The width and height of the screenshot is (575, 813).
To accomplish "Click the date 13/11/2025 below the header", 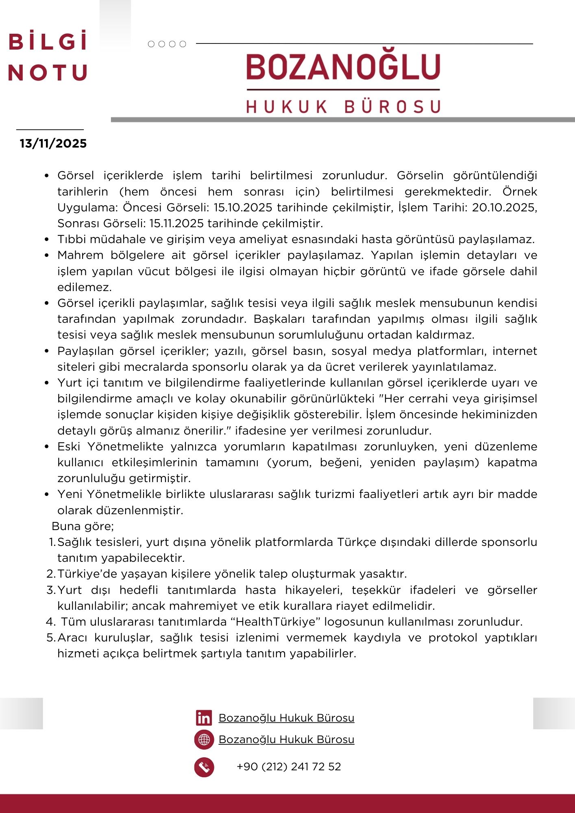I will (x=53, y=143).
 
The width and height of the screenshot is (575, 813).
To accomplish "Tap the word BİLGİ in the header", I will (x=48, y=42).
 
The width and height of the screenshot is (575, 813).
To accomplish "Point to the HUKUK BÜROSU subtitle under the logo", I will (x=343, y=107).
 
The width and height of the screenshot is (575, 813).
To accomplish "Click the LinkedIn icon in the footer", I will (x=204, y=718).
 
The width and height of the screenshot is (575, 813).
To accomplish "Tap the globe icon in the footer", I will (x=204, y=739).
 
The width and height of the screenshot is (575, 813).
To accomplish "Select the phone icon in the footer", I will (x=204, y=767).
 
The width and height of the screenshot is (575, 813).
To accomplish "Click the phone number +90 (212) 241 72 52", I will (x=289, y=767).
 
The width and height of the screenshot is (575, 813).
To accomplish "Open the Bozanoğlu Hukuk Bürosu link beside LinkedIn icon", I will (x=286, y=718).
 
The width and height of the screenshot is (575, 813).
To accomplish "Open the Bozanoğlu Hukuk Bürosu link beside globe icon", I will (x=286, y=739).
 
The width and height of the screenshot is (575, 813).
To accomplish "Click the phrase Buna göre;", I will (x=83, y=526).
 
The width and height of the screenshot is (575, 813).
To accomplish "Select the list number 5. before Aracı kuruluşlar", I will (x=51, y=638).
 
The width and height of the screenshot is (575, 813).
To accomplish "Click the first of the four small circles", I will (x=151, y=44).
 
